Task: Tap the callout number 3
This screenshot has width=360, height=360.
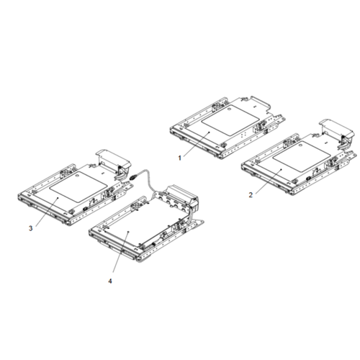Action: (x=30, y=228)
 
